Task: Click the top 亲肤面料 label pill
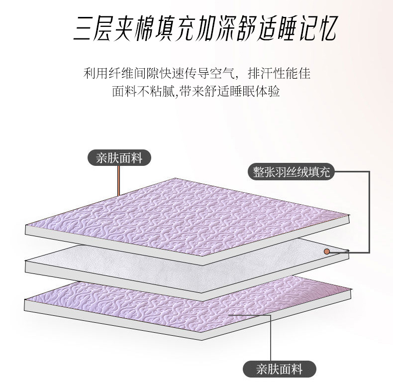pos(119,158)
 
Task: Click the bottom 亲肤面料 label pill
pos(280,369)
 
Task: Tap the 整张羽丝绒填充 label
pos(291,172)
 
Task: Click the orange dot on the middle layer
pos(326,251)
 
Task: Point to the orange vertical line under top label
pos(118,181)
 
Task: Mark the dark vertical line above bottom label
pos(271,338)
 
